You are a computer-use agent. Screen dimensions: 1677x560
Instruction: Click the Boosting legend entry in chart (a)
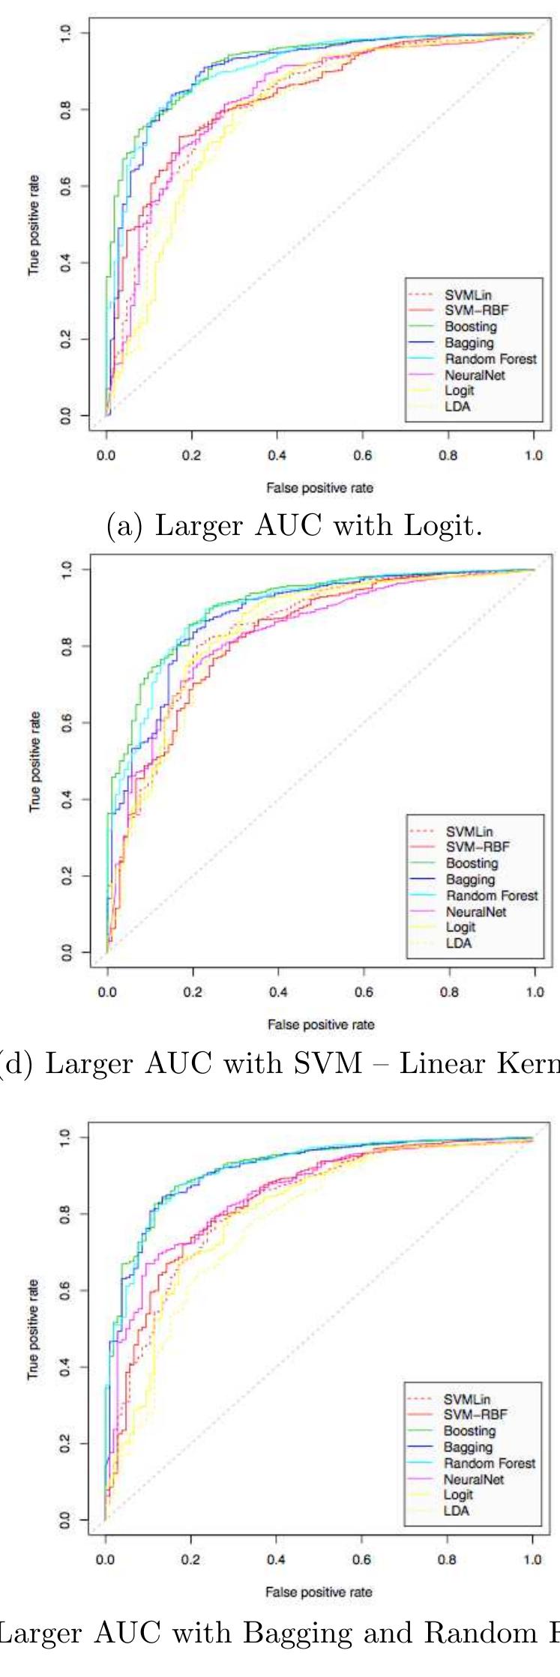pos(470,327)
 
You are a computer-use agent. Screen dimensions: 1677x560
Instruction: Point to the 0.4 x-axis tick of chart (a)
pos(277,455)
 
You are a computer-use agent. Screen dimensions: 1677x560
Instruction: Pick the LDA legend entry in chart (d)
pos(458,943)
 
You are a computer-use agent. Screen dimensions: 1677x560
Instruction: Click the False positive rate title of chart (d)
pos(320,1024)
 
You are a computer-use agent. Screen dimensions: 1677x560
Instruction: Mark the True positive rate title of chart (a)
pos(34,225)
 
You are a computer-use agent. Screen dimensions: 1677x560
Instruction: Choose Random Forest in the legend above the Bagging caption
pos(490,1463)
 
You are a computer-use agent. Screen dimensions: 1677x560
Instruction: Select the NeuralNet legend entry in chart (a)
pos(475,375)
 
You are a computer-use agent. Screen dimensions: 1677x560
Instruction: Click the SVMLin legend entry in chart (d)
pos(469,831)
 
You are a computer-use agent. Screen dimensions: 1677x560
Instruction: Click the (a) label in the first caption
pos(123,526)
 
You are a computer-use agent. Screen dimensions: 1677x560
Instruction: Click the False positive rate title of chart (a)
pos(319,488)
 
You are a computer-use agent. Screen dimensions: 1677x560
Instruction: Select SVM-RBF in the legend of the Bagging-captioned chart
pos(475,1414)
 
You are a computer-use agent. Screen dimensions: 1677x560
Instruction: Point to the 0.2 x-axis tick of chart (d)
pos(193,991)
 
